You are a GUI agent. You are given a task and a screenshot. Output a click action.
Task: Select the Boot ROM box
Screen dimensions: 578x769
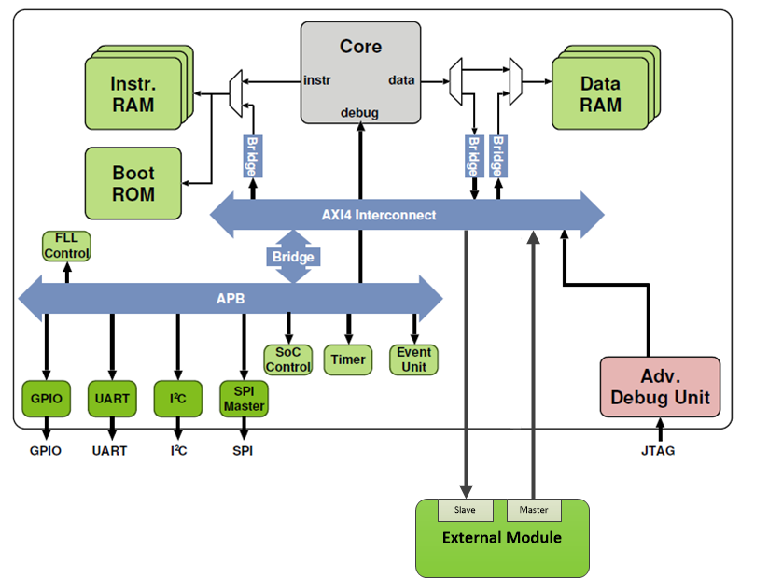(133, 184)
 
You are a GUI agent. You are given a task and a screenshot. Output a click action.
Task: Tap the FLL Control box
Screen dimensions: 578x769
(66, 247)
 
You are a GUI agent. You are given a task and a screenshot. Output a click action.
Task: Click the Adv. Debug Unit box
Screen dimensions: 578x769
(660, 387)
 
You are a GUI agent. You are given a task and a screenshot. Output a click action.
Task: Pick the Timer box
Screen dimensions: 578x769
(348, 359)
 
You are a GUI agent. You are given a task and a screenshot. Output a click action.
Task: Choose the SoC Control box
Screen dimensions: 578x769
(288, 359)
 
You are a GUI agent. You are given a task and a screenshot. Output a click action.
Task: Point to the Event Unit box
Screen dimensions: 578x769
(413, 359)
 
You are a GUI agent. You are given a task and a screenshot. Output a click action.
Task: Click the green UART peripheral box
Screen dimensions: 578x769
(111, 399)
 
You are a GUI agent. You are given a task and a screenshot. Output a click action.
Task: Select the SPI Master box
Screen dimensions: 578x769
(244, 399)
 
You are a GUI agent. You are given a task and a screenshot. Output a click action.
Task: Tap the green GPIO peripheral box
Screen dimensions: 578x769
(46, 399)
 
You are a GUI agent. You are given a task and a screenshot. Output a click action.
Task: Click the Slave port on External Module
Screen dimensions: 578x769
(465, 510)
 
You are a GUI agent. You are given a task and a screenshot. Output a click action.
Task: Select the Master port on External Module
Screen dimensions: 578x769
(534, 510)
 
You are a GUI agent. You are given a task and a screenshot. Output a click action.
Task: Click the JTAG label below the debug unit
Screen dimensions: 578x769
(659, 451)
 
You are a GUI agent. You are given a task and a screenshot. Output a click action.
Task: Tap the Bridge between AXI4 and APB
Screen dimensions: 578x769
(293, 257)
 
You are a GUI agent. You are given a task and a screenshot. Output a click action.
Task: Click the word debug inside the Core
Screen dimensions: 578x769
(359, 113)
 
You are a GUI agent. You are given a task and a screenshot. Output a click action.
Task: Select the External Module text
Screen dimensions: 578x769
(502, 537)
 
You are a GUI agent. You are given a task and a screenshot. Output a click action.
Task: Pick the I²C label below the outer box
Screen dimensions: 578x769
(177, 451)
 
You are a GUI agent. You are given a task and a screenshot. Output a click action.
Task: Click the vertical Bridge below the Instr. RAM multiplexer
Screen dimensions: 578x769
(251, 156)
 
